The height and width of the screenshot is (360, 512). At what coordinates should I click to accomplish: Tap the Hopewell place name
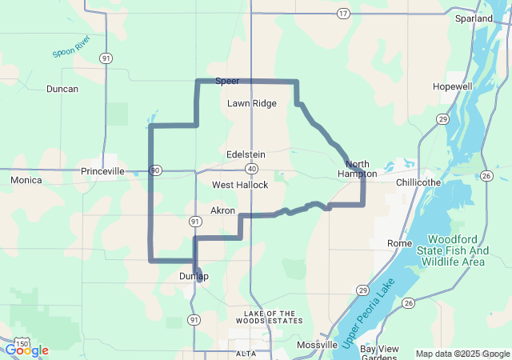453,86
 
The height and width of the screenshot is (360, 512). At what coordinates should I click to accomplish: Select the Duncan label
62,89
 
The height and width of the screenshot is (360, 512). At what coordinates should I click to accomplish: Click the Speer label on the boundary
227,81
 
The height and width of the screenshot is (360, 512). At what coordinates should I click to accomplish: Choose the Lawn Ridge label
251,103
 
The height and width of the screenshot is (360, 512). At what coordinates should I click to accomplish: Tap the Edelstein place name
246,154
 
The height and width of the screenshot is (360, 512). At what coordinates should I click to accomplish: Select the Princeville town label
102,171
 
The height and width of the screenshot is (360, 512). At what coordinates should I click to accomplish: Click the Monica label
26,181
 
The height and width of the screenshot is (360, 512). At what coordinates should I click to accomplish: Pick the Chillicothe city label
418,182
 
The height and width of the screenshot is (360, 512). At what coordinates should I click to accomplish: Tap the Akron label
222,210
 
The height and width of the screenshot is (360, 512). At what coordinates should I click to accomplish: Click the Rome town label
398,242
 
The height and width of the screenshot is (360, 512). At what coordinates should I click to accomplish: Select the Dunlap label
194,277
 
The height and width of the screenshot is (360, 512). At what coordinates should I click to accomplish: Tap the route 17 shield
343,14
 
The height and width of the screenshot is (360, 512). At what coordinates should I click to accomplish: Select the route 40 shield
251,169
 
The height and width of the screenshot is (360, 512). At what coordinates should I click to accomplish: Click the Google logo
26,350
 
